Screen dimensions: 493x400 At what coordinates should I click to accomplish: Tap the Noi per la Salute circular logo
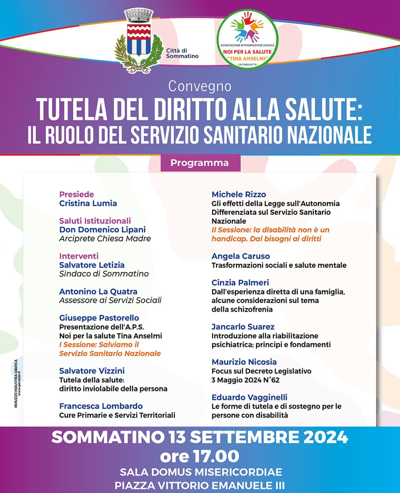[x=247, y=39]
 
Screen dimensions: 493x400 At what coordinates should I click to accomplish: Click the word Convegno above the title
[x=200, y=86]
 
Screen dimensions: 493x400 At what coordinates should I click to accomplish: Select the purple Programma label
[x=200, y=163]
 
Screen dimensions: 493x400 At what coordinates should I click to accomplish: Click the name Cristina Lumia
[x=88, y=203]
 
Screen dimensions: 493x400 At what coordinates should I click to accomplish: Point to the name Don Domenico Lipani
[x=102, y=230]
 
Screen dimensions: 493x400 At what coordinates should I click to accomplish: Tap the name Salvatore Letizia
[x=92, y=265]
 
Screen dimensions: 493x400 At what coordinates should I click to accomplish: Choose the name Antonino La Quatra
[x=98, y=292]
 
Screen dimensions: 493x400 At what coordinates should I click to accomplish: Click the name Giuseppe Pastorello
[x=99, y=318]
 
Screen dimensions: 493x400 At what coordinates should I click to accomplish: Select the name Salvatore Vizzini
[x=92, y=371]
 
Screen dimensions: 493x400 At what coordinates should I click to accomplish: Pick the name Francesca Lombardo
[x=101, y=406]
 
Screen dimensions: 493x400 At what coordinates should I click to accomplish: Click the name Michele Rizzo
[x=239, y=194]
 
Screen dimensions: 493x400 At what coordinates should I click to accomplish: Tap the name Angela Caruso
[x=241, y=256]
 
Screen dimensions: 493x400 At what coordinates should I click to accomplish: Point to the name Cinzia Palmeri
[x=240, y=283]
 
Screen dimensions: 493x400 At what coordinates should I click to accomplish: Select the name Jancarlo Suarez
[x=243, y=327]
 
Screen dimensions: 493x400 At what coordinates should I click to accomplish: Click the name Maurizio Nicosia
[x=244, y=362]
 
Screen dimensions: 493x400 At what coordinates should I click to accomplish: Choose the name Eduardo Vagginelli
[x=250, y=398]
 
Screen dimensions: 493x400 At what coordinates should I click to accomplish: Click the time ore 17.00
[x=200, y=456]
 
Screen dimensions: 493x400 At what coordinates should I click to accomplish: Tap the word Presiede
[x=76, y=194]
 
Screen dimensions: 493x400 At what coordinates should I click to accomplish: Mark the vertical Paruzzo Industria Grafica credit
[x=17, y=383]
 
